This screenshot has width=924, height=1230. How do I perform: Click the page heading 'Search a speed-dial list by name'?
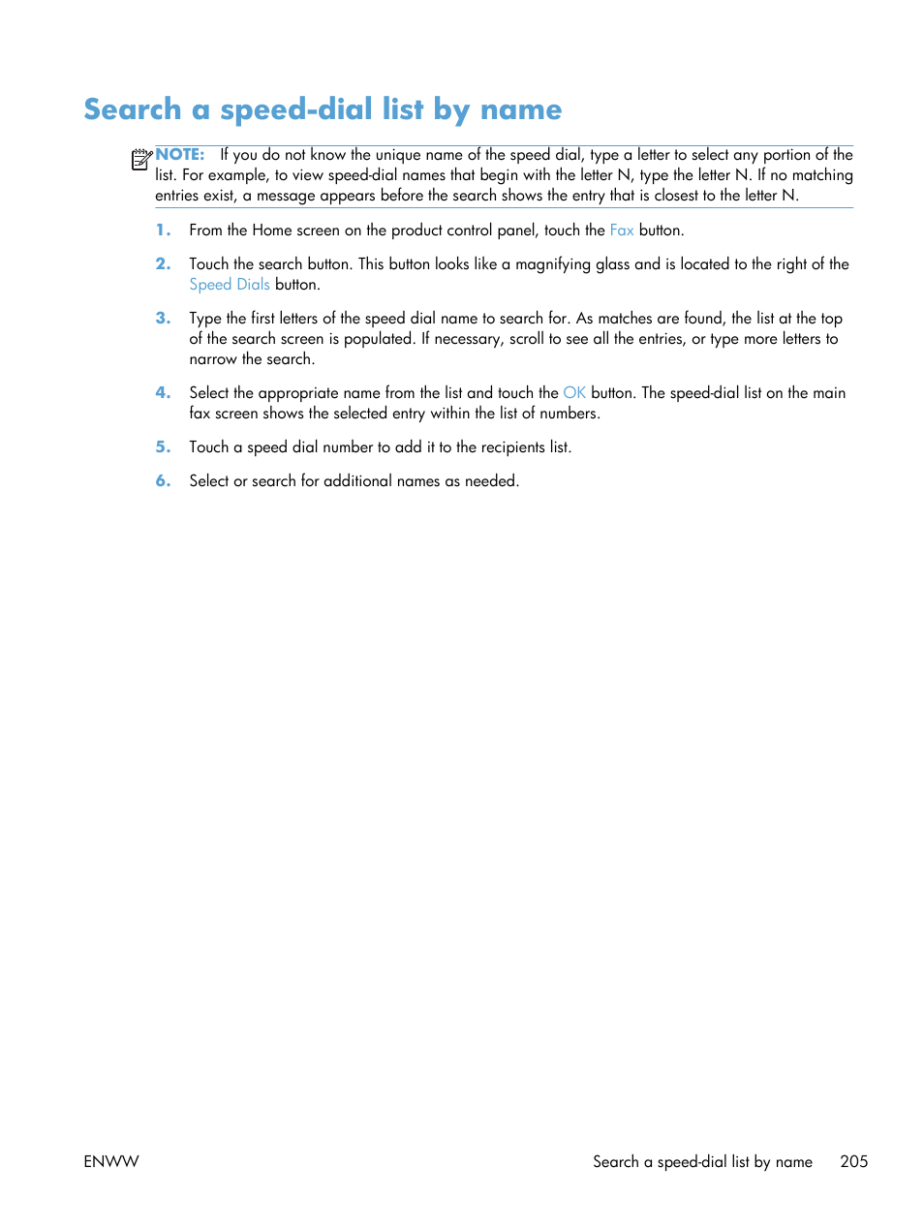point(323,109)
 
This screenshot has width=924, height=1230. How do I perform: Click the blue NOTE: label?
point(180,155)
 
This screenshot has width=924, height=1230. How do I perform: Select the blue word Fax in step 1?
point(621,231)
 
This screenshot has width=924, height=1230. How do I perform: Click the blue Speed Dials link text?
point(230,285)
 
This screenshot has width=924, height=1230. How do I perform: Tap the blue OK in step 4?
point(574,393)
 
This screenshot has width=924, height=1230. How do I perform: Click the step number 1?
point(163,231)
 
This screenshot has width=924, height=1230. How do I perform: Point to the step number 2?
point(163,264)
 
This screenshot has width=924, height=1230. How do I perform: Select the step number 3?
point(163,319)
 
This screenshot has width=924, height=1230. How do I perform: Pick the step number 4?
point(163,393)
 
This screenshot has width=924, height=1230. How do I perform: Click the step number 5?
point(163,447)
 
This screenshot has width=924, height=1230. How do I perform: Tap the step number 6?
point(163,481)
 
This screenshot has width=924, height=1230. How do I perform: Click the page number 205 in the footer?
point(853,1161)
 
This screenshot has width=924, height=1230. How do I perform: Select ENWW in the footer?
point(111,1161)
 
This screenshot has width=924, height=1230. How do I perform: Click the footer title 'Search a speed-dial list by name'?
point(702,1161)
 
